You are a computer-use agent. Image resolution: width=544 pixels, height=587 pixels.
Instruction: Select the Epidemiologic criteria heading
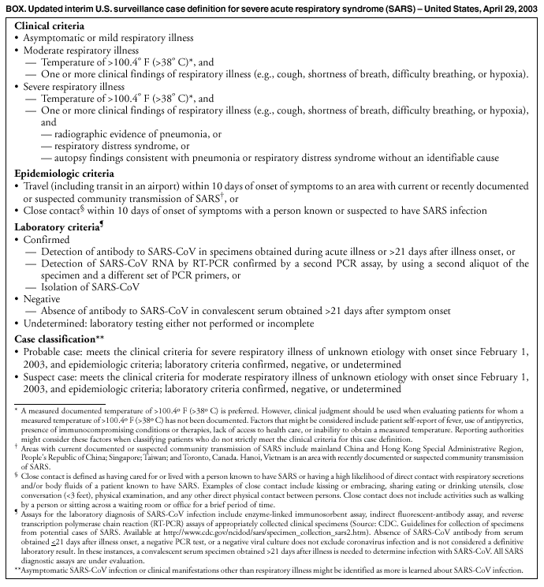[65, 173]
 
